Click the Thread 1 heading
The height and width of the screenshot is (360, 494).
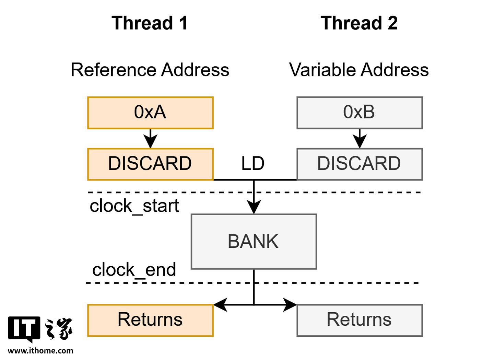150,23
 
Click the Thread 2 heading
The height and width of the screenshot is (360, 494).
359,23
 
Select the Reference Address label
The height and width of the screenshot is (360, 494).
150,70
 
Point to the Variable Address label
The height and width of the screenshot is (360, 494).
359,70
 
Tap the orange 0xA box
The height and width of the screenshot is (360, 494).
150,113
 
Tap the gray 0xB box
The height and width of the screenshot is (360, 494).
360,113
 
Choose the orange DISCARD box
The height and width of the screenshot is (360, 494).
150,164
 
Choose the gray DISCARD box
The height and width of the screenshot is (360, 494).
360,164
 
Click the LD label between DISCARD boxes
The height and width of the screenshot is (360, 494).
253,163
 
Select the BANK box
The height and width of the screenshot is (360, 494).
254,242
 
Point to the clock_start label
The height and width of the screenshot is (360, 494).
134,206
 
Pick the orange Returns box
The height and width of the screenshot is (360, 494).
150,321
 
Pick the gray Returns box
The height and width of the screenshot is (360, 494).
360,321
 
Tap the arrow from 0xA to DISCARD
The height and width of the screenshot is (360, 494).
150,139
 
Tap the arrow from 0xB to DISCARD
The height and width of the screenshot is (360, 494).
360,139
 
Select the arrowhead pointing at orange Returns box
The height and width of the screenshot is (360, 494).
221,305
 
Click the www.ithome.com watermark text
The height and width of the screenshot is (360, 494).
40,351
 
